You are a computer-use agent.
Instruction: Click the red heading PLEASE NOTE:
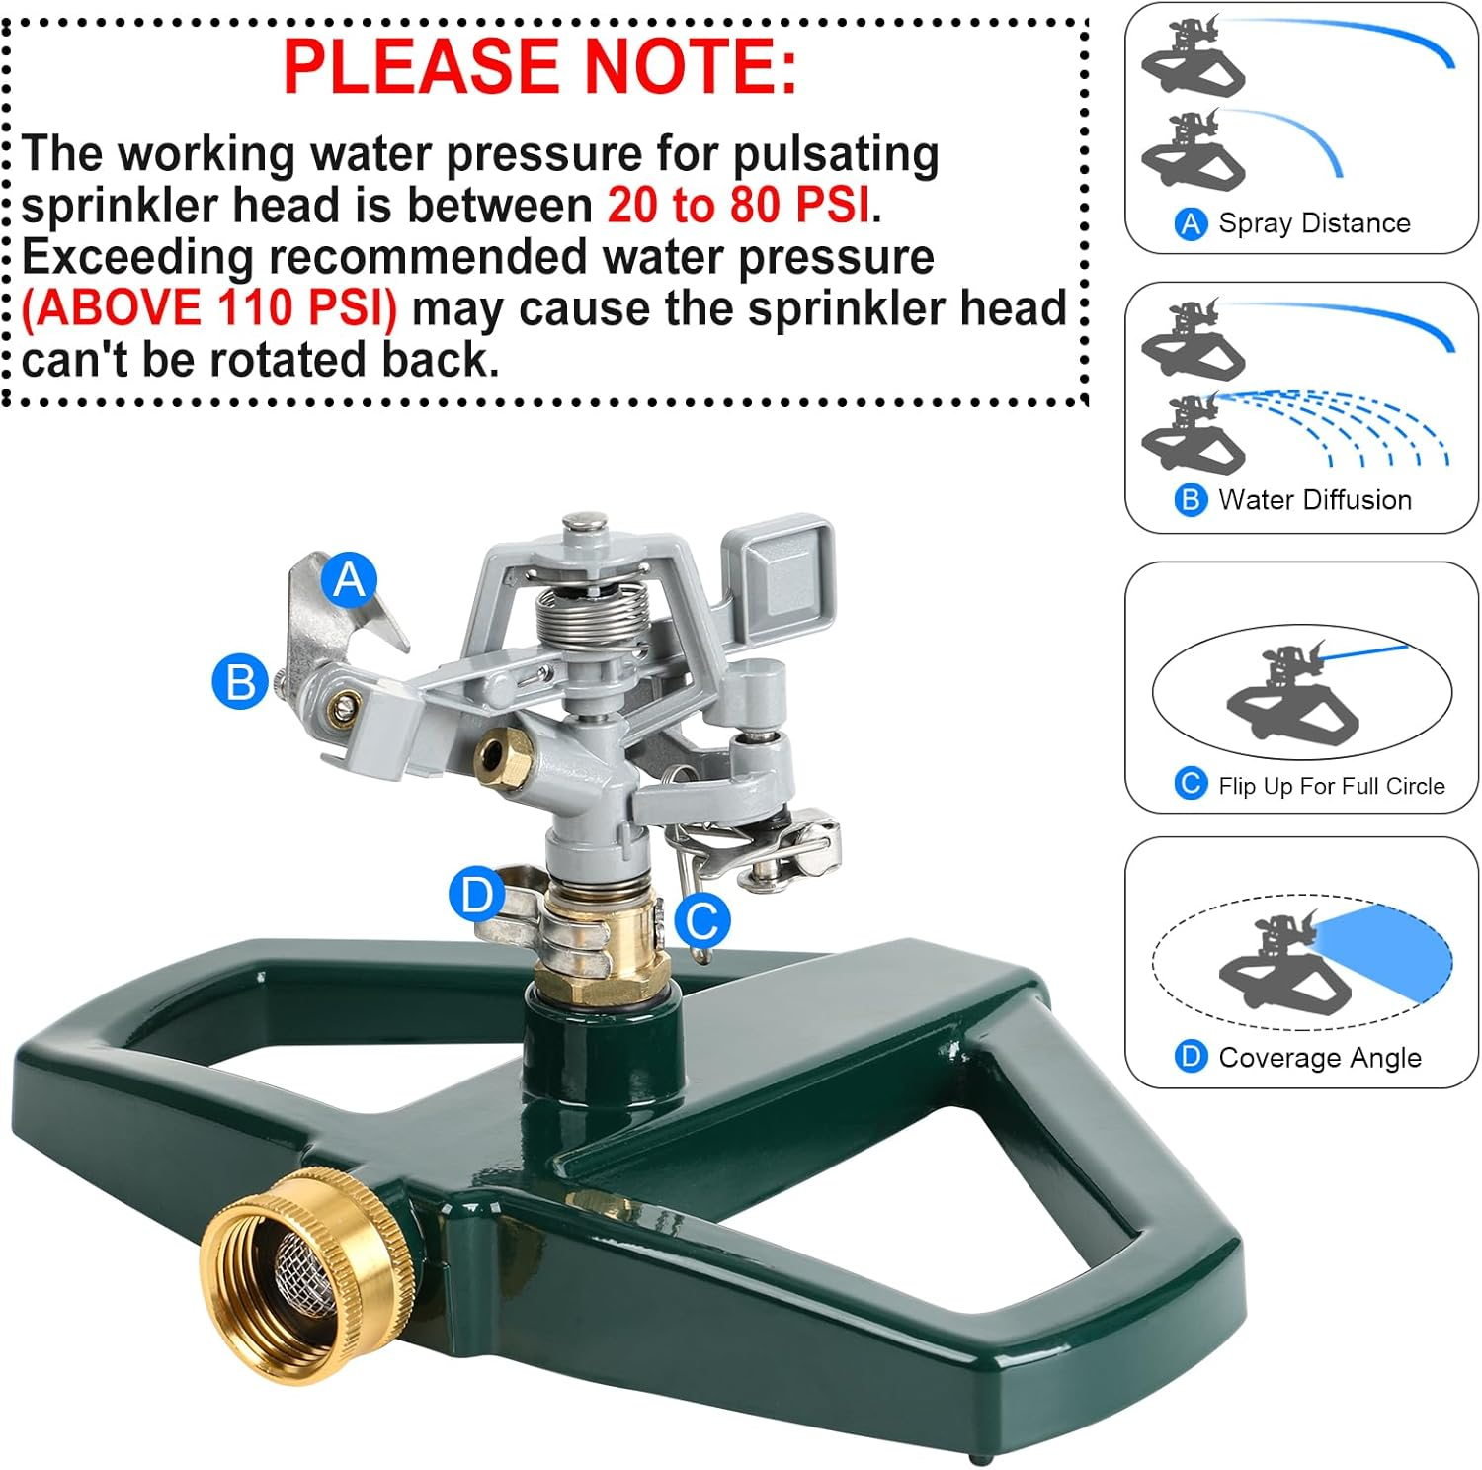point(539,66)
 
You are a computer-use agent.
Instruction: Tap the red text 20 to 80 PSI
point(739,206)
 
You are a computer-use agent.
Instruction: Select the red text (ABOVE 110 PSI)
point(209,308)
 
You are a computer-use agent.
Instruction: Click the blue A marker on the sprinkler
point(349,578)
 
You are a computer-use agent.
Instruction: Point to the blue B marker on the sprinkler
point(240,682)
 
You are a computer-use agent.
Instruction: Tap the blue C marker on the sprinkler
point(702,921)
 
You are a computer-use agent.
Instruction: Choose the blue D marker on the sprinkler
point(476,896)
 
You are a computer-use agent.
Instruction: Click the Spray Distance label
point(1313,223)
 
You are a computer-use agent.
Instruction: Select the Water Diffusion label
point(1314,500)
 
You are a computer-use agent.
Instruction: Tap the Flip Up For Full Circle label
point(1330,786)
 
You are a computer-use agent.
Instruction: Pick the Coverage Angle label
point(1319,1058)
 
